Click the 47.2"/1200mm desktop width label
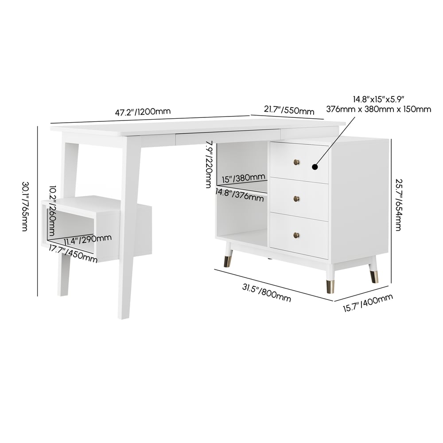click(143, 112)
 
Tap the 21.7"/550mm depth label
click(289, 110)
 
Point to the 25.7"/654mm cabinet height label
click(398, 205)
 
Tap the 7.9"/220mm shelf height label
click(209, 164)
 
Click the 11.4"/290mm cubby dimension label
click(87, 240)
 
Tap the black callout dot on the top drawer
click(315, 167)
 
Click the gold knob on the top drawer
click(295, 163)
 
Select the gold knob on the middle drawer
click(295, 199)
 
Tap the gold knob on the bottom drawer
click(295, 234)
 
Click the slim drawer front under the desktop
click(228, 138)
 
